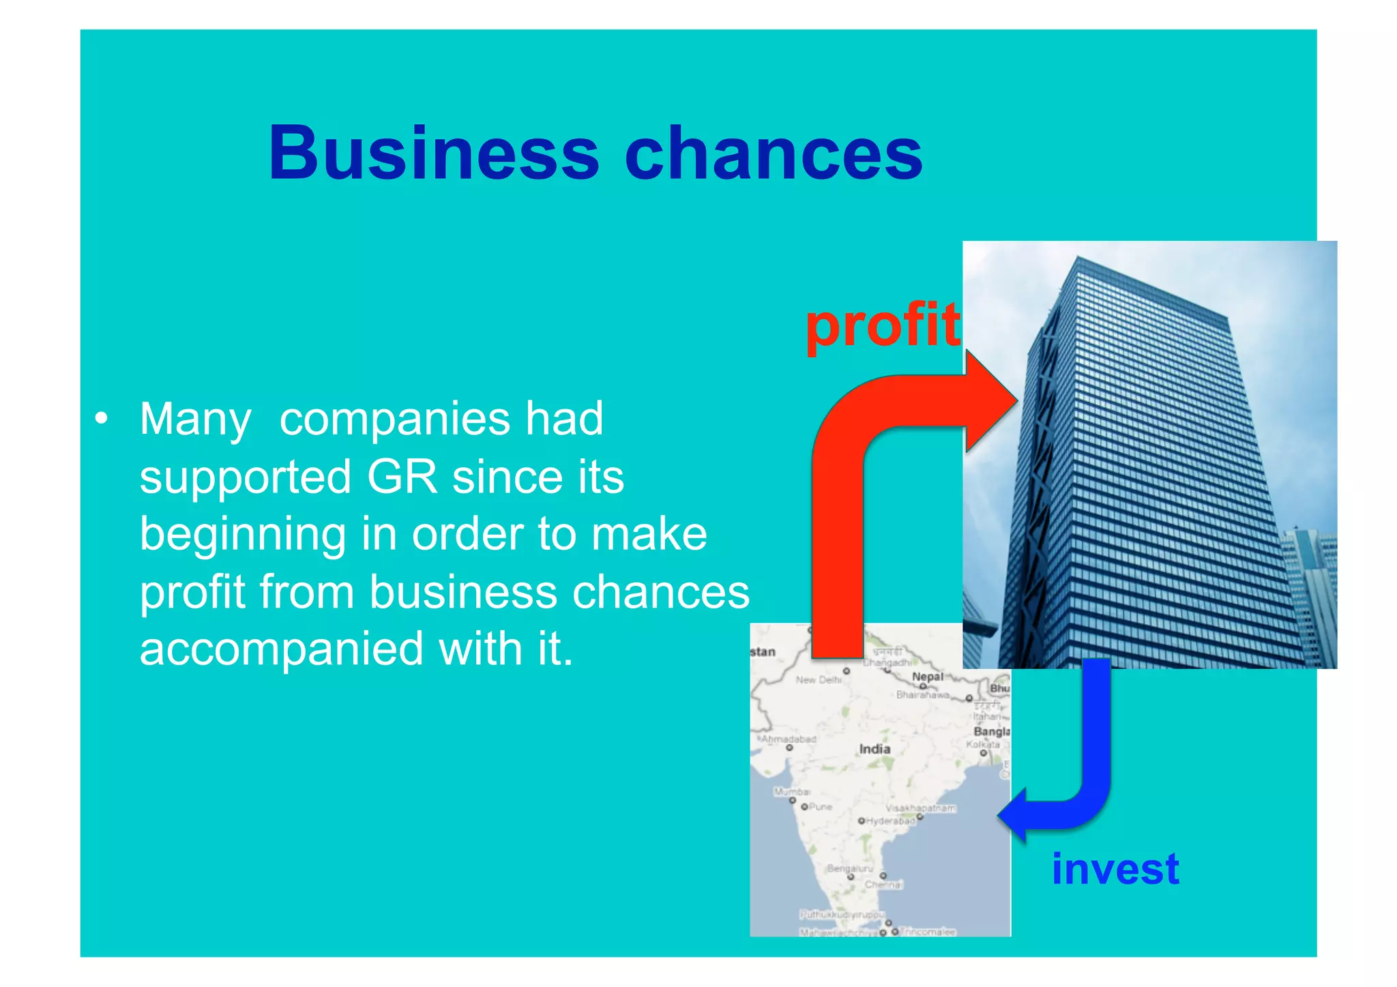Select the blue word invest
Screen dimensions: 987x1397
tap(1115, 869)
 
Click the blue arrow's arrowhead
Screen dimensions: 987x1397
tap(1014, 816)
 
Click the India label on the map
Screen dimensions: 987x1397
tap(874, 749)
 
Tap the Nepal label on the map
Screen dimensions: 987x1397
tap(928, 677)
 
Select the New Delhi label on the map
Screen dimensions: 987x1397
tap(819, 679)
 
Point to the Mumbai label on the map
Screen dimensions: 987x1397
tap(792, 792)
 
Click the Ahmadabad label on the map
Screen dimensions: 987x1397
tap(789, 739)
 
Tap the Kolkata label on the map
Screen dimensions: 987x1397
tap(983, 744)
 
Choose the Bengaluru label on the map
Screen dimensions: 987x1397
tap(849, 868)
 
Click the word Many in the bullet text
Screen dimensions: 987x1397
tap(195, 419)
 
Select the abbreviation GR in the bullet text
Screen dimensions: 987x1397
tap(402, 476)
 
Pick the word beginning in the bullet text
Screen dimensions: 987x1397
tap(243, 534)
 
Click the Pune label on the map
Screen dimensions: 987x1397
tap(820, 807)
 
